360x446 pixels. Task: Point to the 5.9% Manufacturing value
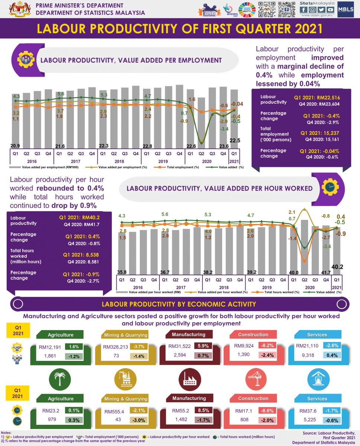coord(205,346)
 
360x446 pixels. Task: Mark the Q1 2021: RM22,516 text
coord(317,97)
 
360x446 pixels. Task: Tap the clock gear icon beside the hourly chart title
coord(330,187)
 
